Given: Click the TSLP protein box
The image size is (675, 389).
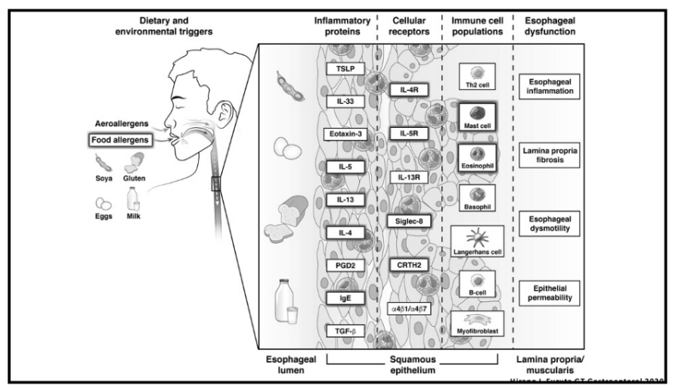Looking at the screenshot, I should coord(339,68).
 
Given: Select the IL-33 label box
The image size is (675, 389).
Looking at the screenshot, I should coord(339,101).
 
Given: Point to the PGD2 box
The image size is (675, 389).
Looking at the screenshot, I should coord(339,265).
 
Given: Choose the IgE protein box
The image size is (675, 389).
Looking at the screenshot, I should coord(339,298).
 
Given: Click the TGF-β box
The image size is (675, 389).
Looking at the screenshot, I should coord(339,331).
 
